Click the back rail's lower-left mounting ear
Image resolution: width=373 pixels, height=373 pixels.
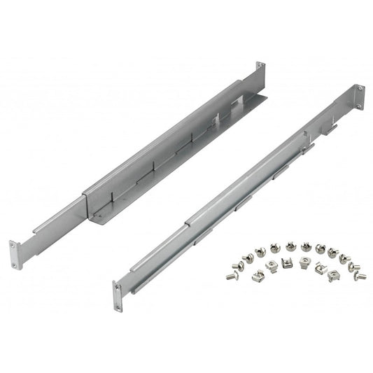tap(14, 253)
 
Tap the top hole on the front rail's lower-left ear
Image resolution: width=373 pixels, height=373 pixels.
tap(116, 287)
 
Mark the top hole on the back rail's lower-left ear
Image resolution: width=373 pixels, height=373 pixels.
tap(13, 246)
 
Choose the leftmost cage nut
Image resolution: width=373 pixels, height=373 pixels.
tap(251, 272)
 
